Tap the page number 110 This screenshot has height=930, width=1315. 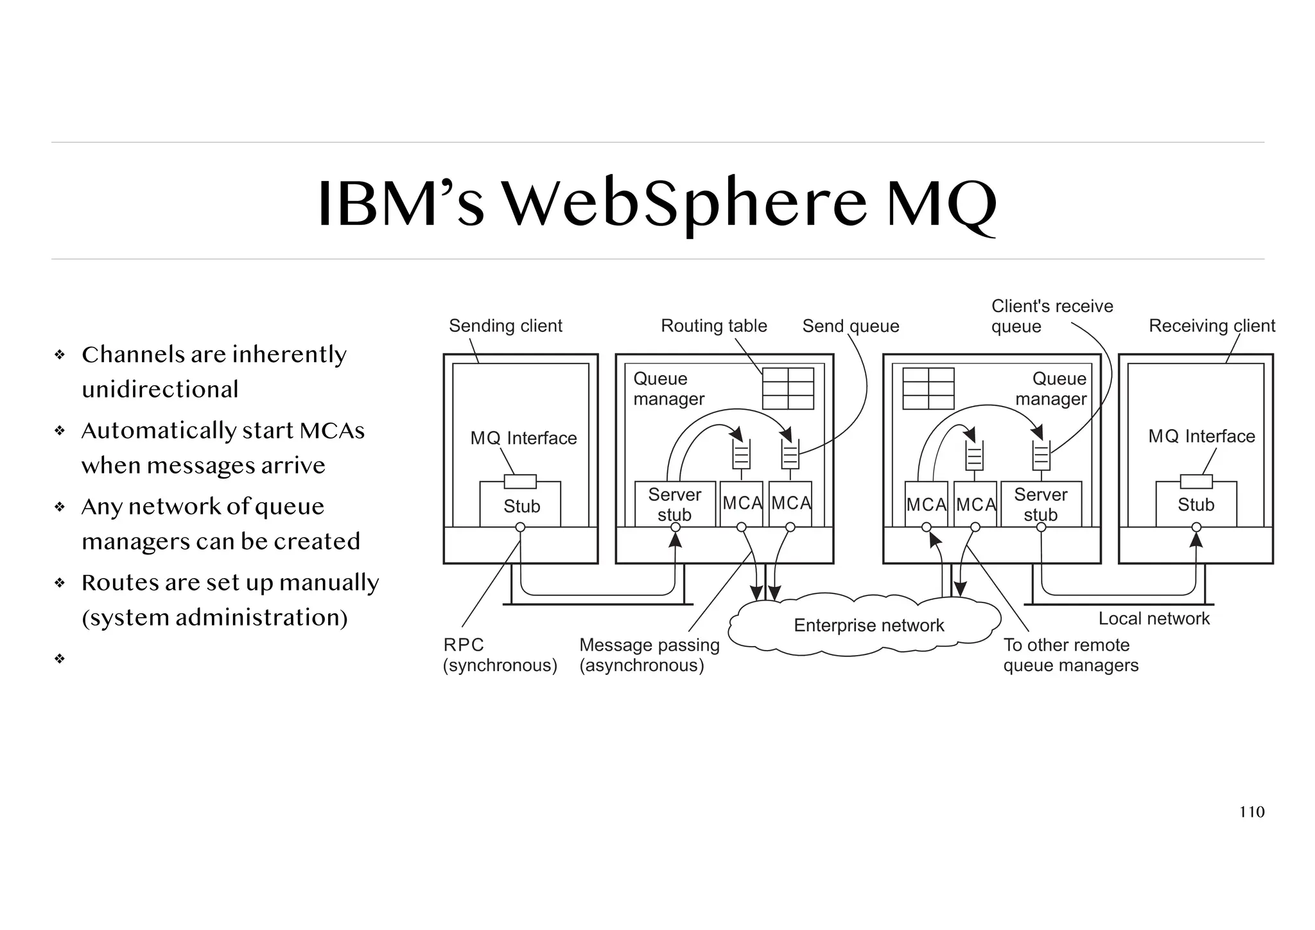[1251, 812]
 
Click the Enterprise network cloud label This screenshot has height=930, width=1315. [868, 625]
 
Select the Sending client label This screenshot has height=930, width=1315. [505, 326]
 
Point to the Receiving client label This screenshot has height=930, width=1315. [1212, 326]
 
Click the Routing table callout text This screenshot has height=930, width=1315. [713, 326]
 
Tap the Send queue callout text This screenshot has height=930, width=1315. [850, 326]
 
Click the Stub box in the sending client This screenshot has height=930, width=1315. [521, 506]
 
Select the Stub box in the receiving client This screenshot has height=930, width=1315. [1196, 505]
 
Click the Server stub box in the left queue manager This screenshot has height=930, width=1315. [674, 504]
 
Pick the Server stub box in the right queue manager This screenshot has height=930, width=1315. [1040, 504]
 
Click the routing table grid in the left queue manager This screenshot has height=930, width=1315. [788, 389]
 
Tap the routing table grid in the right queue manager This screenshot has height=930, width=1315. [928, 389]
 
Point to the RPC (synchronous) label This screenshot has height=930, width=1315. [500, 654]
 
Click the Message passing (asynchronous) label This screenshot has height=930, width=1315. [649, 654]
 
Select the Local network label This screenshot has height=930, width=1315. [1153, 619]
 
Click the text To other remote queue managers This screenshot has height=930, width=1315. [1070, 654]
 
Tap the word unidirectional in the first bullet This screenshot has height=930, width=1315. [160, 389]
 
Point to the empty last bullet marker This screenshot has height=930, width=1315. [60, 658]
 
